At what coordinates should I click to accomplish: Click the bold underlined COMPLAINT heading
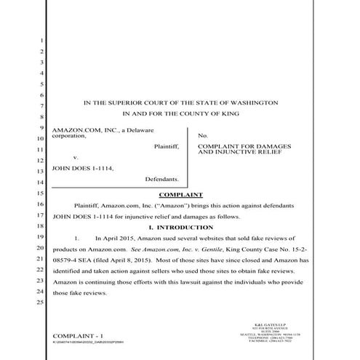180,195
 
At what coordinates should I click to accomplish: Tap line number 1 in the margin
43,41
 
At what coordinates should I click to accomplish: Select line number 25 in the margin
41,302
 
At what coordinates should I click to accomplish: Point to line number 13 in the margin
41,171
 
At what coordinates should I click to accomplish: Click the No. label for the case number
203,135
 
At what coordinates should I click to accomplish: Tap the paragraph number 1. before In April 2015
77,239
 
